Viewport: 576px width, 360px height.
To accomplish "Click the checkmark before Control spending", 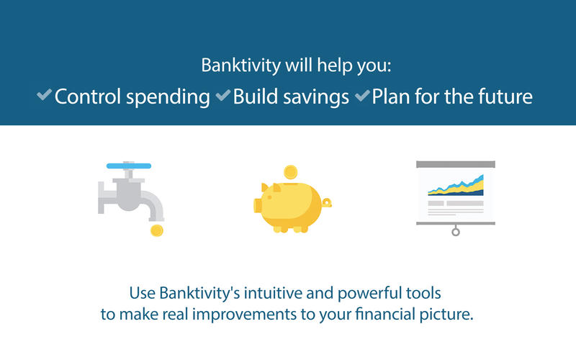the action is (44, 95).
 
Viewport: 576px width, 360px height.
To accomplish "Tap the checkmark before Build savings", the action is (223, 95).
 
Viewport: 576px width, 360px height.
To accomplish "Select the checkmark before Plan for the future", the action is (362, 95).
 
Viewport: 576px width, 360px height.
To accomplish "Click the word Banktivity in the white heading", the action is (241, 66).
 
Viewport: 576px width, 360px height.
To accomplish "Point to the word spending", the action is (168, 97).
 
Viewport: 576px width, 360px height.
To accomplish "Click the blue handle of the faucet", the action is (129, 166).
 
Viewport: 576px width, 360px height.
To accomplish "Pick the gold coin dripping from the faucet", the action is (157, 230).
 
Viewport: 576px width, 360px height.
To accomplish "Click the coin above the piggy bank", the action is (291, 172).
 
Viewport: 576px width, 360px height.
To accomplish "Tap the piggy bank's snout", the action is (258, 205).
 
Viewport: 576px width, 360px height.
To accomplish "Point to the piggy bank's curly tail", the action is (327, 202).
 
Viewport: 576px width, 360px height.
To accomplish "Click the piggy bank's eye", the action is (269, 197).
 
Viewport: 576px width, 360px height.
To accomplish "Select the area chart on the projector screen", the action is (456, 186).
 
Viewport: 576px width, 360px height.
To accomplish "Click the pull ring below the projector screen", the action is (456, 232).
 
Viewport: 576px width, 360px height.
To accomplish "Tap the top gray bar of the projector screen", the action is (456, 164).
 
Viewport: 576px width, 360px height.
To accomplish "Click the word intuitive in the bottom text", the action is (273, 293).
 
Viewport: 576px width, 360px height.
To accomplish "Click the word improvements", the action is (245, 315).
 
